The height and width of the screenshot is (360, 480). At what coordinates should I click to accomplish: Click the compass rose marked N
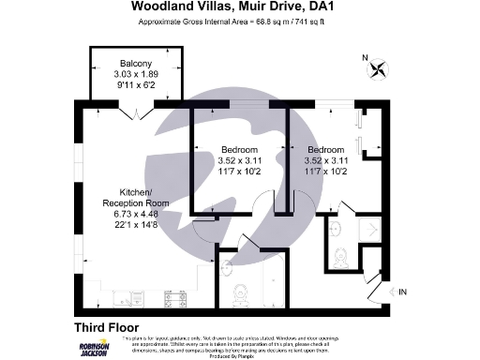coord(378,67)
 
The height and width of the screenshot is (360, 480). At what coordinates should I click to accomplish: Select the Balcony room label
coord(123,64)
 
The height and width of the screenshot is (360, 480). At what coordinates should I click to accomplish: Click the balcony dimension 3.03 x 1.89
coord(123,73)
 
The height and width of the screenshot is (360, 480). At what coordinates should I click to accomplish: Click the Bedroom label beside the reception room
coord(238,151)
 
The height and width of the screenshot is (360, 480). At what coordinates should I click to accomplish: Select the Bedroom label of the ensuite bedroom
coord(324,151)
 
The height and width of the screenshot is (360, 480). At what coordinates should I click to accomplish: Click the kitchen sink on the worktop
coord(130,300)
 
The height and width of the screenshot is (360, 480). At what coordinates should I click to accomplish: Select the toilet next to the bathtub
coord(240,294)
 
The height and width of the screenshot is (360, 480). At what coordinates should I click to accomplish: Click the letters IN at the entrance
coord(404,292)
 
